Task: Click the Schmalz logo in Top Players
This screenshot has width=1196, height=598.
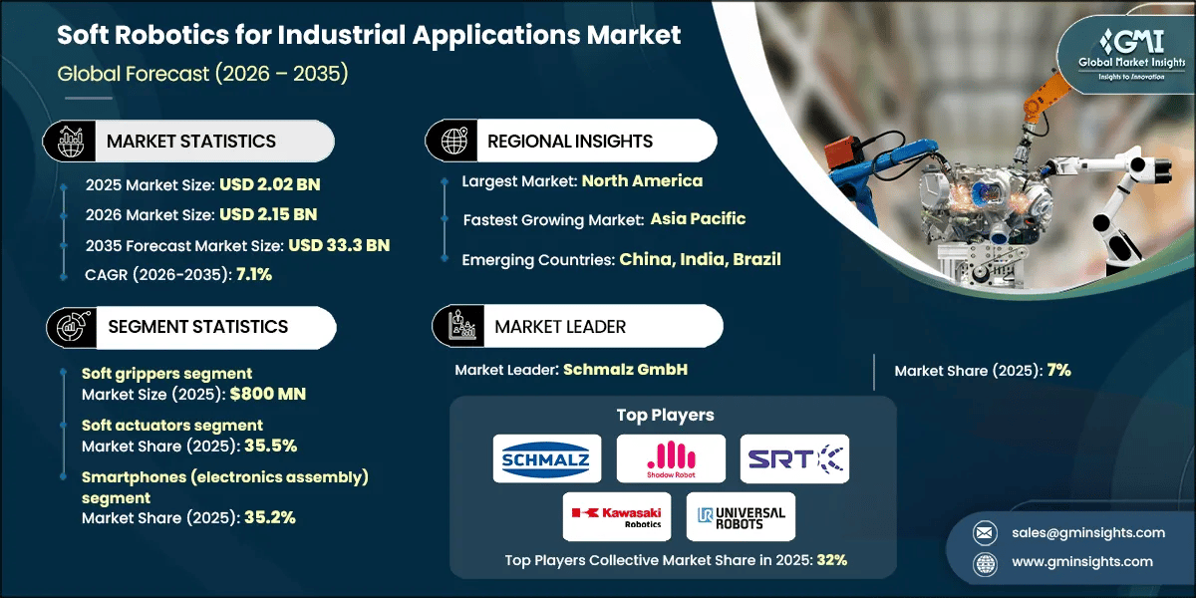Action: pyautogui.click(x=547, y=458)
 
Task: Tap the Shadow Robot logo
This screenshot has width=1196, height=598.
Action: pyautogui.click(x=671, y=458)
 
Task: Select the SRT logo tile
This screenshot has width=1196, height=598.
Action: pyautogui.click(x=794, y=458)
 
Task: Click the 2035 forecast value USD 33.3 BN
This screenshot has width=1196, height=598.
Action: pyautogui.click(x=339, y=245)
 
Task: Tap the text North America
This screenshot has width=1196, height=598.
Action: pyautogui.click(x=642, y=180)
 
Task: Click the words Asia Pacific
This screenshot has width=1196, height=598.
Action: pyautogui.click(x=698, y=218)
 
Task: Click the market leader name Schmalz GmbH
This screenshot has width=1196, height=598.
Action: pyautogui.click(x=625, y=369)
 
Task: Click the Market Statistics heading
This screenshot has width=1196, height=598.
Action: pyautogui.click(x=191, y=141)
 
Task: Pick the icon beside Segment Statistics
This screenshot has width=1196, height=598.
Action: pyautogui.click(x=68, y=326)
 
